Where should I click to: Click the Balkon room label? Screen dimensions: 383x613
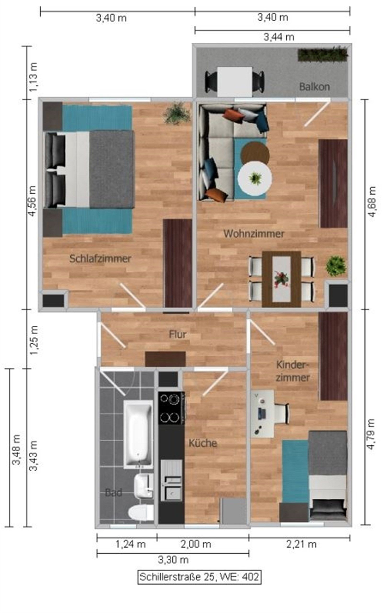pos(314,87)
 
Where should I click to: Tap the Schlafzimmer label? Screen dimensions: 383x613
pos(100,259)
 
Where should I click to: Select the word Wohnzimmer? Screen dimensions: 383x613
pos(254,233)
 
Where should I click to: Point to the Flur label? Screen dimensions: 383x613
pos(178,334)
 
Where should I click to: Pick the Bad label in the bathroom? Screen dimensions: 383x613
pos(113,493)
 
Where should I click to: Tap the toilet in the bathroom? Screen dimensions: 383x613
pos(141,512)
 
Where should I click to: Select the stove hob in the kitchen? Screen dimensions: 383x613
pos(171,408)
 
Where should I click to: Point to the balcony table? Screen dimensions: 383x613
pos(235,82)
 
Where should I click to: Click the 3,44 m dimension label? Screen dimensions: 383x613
pos(279,38)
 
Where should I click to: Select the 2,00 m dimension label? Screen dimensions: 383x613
pos(196,544)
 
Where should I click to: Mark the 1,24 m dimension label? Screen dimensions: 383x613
pos(130,544)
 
